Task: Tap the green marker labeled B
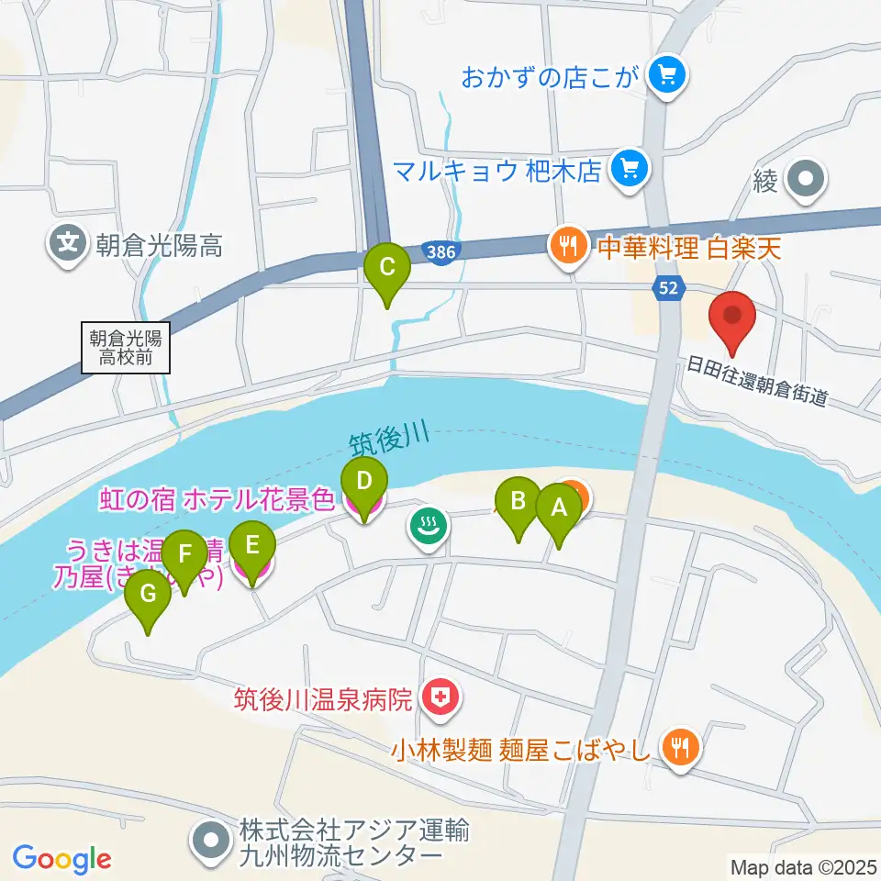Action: click(519, 502)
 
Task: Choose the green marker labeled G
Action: click(149, 596)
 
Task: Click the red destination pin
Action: click(732, 317)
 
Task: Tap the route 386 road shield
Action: click(441, 251)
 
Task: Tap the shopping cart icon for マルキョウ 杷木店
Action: click(630, 168)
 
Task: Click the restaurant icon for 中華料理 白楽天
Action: click(568, 246)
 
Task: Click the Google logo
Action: click(61, 859)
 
